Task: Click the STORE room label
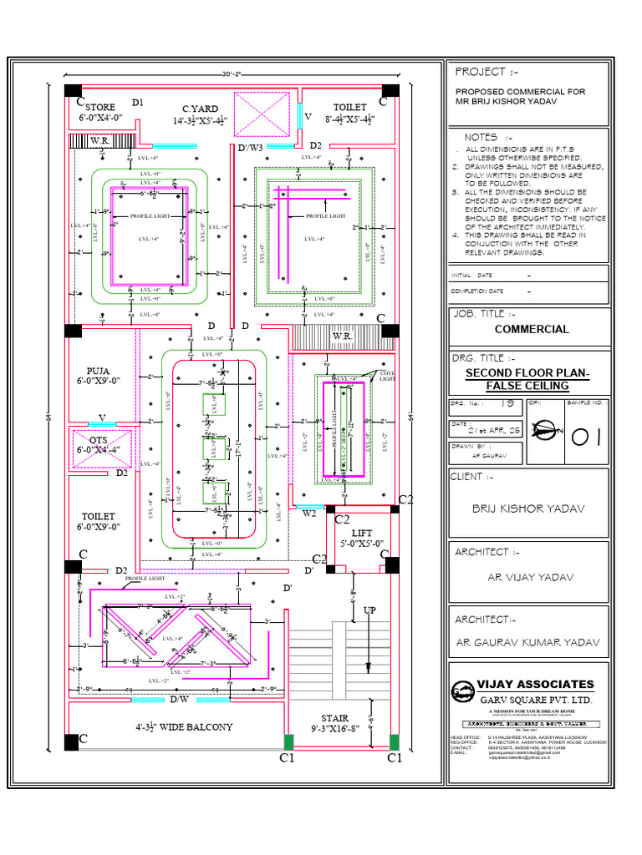pos(101,107)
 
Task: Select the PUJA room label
pos(98,372)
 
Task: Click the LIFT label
pos(362,532)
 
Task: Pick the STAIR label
pos(334,718)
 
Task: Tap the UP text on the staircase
pos(369,610)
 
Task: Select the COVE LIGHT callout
pos(387,376)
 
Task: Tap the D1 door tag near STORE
pos(137,102)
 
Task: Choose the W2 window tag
pos(308,514)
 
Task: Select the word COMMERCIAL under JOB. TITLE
pos(532,329)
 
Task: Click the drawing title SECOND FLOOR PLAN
pos(527,372)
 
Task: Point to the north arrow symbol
pos(548,433)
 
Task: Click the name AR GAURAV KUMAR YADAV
pos(527,642)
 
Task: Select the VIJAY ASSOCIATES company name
pos(535,685)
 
